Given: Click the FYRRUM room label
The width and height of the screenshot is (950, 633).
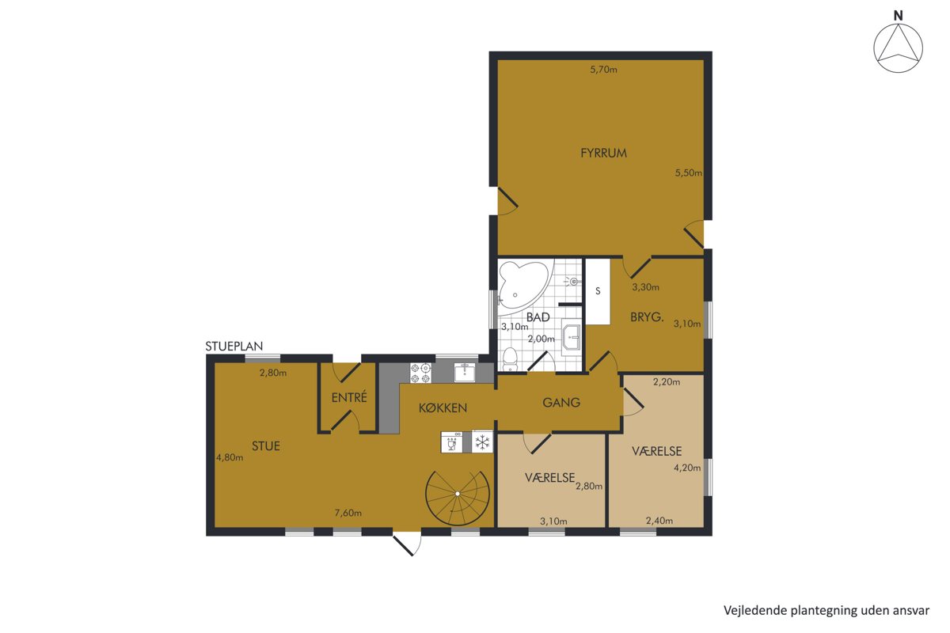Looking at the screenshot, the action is (x=603, y=153).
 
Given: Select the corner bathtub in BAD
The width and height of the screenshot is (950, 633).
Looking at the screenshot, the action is (x=524, y=286).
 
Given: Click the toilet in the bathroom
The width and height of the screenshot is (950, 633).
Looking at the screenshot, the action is (x=509, y=359).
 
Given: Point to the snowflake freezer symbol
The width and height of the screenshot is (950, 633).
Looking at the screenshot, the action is (x=482, y=442).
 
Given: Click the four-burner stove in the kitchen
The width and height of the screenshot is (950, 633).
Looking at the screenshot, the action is (x=420, y=373).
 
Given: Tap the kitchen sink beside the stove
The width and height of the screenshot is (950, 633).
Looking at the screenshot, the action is (x=465, y=372).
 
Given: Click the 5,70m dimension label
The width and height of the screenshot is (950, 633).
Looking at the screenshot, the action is (x=603, y=70).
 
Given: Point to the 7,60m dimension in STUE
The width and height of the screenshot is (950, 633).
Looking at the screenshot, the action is (x=348, y=513).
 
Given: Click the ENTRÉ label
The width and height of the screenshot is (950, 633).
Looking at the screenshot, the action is (x=349, y=398).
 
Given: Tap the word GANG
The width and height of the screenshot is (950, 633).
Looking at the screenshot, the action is (x=561, y=403).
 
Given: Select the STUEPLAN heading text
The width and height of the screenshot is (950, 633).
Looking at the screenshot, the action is (x=234, y=347).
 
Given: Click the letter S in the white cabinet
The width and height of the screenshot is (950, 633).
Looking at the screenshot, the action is (x=598, y=291).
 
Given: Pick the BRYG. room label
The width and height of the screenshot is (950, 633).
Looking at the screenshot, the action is (x=647, y=317).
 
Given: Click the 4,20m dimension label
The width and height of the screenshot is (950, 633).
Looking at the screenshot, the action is (x=687, y=468).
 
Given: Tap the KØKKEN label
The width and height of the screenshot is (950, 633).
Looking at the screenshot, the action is (x=443, y=407).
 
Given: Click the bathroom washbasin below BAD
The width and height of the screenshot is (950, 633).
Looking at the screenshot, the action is (x=572, y=337).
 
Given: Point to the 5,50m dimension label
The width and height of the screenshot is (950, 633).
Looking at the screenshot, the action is (x=689, y=173).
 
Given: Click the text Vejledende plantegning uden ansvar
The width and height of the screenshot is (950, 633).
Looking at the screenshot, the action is (x=826, y=611).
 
